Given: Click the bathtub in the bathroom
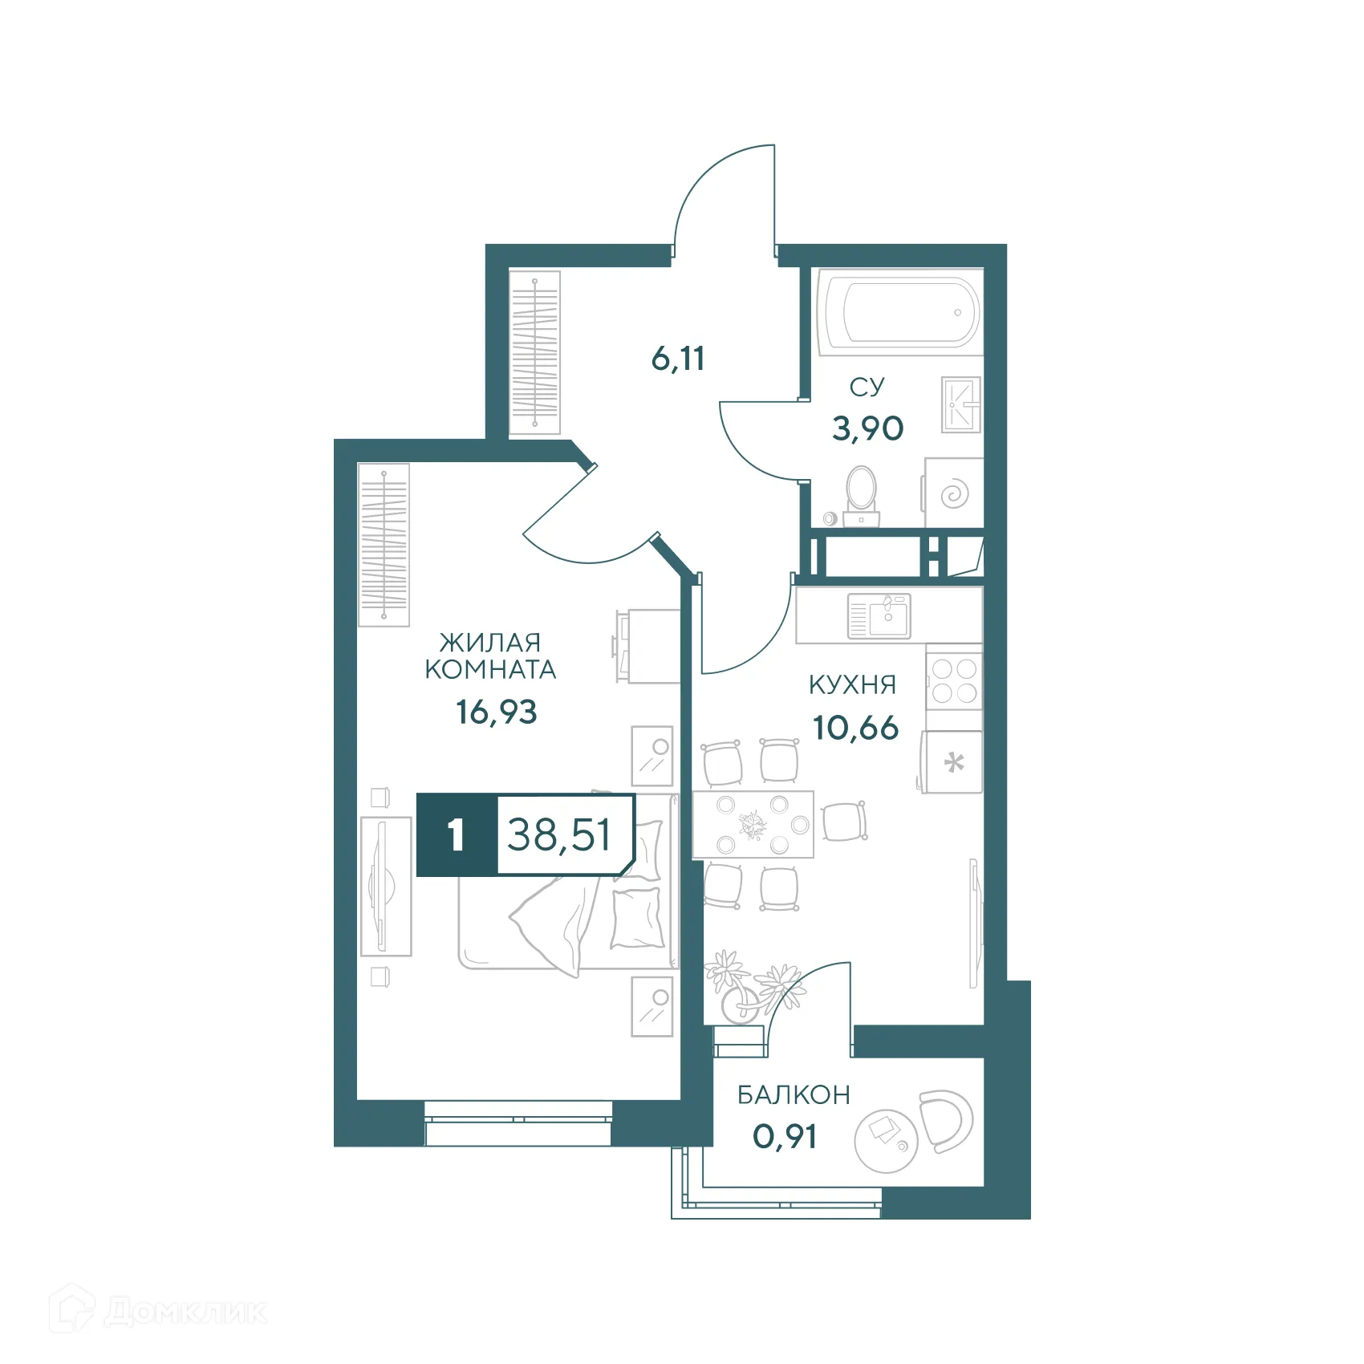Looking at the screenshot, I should (x=899, y=312).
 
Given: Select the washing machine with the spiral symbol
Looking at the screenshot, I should (x=954, y=493).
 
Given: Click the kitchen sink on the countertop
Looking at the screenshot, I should (x=879, y=616).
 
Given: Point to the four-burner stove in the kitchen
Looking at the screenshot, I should (x=954, y=680).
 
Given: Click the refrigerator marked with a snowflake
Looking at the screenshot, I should (x=953, y=762).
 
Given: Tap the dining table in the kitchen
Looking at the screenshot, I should (x=753, y=824).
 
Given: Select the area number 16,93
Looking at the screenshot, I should (x=497, y=712).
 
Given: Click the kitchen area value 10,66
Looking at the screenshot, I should (x=855, y=728).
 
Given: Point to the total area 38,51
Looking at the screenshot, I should (x=559, y=834).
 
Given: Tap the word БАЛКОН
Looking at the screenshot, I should (x=794, y=1094).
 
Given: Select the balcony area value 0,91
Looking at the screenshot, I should (x=785, y=1136).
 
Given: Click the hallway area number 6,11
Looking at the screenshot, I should (x=678, y=359).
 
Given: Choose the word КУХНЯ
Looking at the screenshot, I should (x=852, y=684).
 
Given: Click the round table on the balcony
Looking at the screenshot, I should (x=886, y=1140).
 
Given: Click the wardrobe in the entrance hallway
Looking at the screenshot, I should (x=534, y=353).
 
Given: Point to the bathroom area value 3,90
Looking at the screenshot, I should (x=867, y=428).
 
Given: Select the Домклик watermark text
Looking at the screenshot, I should (x=184, y=1312).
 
